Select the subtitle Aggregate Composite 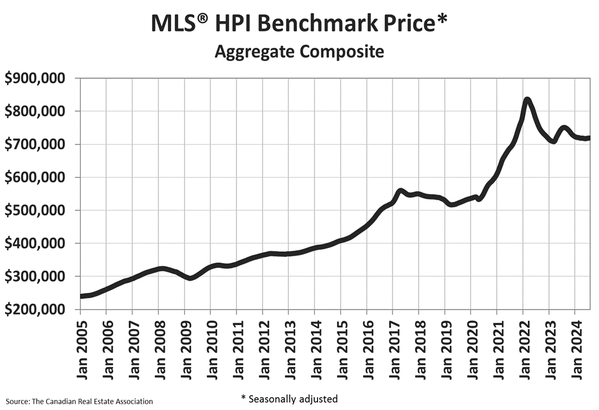pyautogui.click(x=299, y=52)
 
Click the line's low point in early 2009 pyautogui.click(x=190, y=278)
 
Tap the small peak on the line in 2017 pyautogui.click(x=400, y=191)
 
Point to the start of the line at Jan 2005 pyautogui.click(x=82, y=296)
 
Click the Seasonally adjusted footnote pyautogui.click(x=289, y=398)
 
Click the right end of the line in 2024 pyautogui.click(x=588, y=139)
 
